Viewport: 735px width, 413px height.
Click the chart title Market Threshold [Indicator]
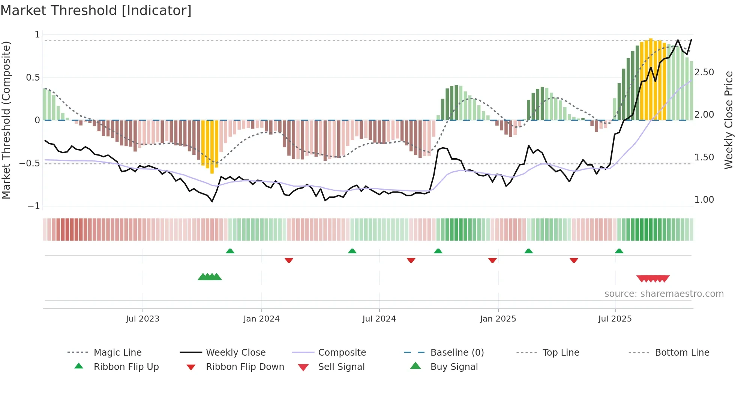point(96,10)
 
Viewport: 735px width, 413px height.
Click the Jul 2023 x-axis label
point(142,319)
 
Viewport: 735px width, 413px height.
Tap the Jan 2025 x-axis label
point(498,319)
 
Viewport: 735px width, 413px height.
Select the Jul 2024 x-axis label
point(379,319)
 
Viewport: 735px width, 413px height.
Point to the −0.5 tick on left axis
point(29,163)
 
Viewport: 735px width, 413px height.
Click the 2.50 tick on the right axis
point(704,72)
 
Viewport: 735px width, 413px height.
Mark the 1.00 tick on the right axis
point(704,199)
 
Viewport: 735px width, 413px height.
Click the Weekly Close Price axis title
point(728,120)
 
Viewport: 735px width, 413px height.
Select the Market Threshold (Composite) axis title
point(6,120)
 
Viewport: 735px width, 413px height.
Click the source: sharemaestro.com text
point(664,293)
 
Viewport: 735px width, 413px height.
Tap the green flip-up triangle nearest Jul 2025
point(619,251)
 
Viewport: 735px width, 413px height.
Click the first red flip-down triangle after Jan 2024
point(289,260)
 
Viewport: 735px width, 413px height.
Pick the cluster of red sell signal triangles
point(653,278)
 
